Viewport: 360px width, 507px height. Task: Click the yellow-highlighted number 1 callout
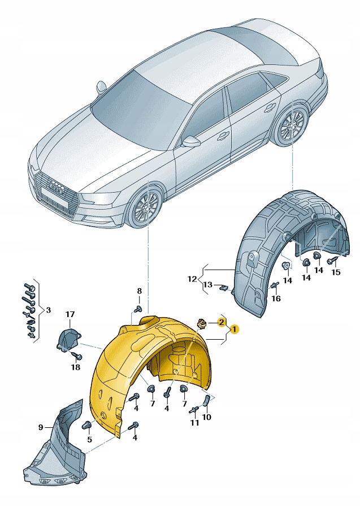(234, 328)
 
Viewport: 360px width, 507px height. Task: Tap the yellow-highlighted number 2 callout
(222, 322)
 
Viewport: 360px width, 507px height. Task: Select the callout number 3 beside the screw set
(48, 310)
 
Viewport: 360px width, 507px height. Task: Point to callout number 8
(140, 291)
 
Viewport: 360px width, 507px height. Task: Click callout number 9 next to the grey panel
(41, 427)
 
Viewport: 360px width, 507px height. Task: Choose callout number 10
(207, 417)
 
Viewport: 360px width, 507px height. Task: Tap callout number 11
(194, 423)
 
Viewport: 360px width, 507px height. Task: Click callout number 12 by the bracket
(193, 278)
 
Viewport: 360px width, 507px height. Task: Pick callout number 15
(336, 272)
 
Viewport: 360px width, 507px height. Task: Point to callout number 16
(276, 298)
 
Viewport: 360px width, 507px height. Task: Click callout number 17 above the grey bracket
(70, 314)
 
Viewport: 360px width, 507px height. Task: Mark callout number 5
(89, 439)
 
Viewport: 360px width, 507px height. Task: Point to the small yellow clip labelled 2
(201, 324)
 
